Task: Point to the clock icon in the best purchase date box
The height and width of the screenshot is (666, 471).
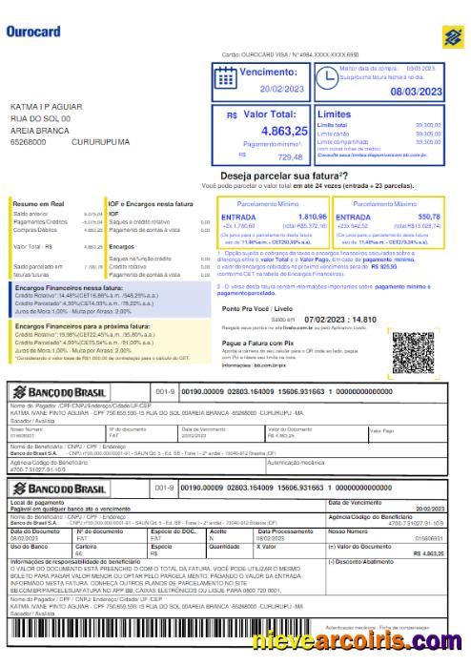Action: tap(326, 78)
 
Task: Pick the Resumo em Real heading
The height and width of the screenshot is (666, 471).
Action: tap(38, 204)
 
